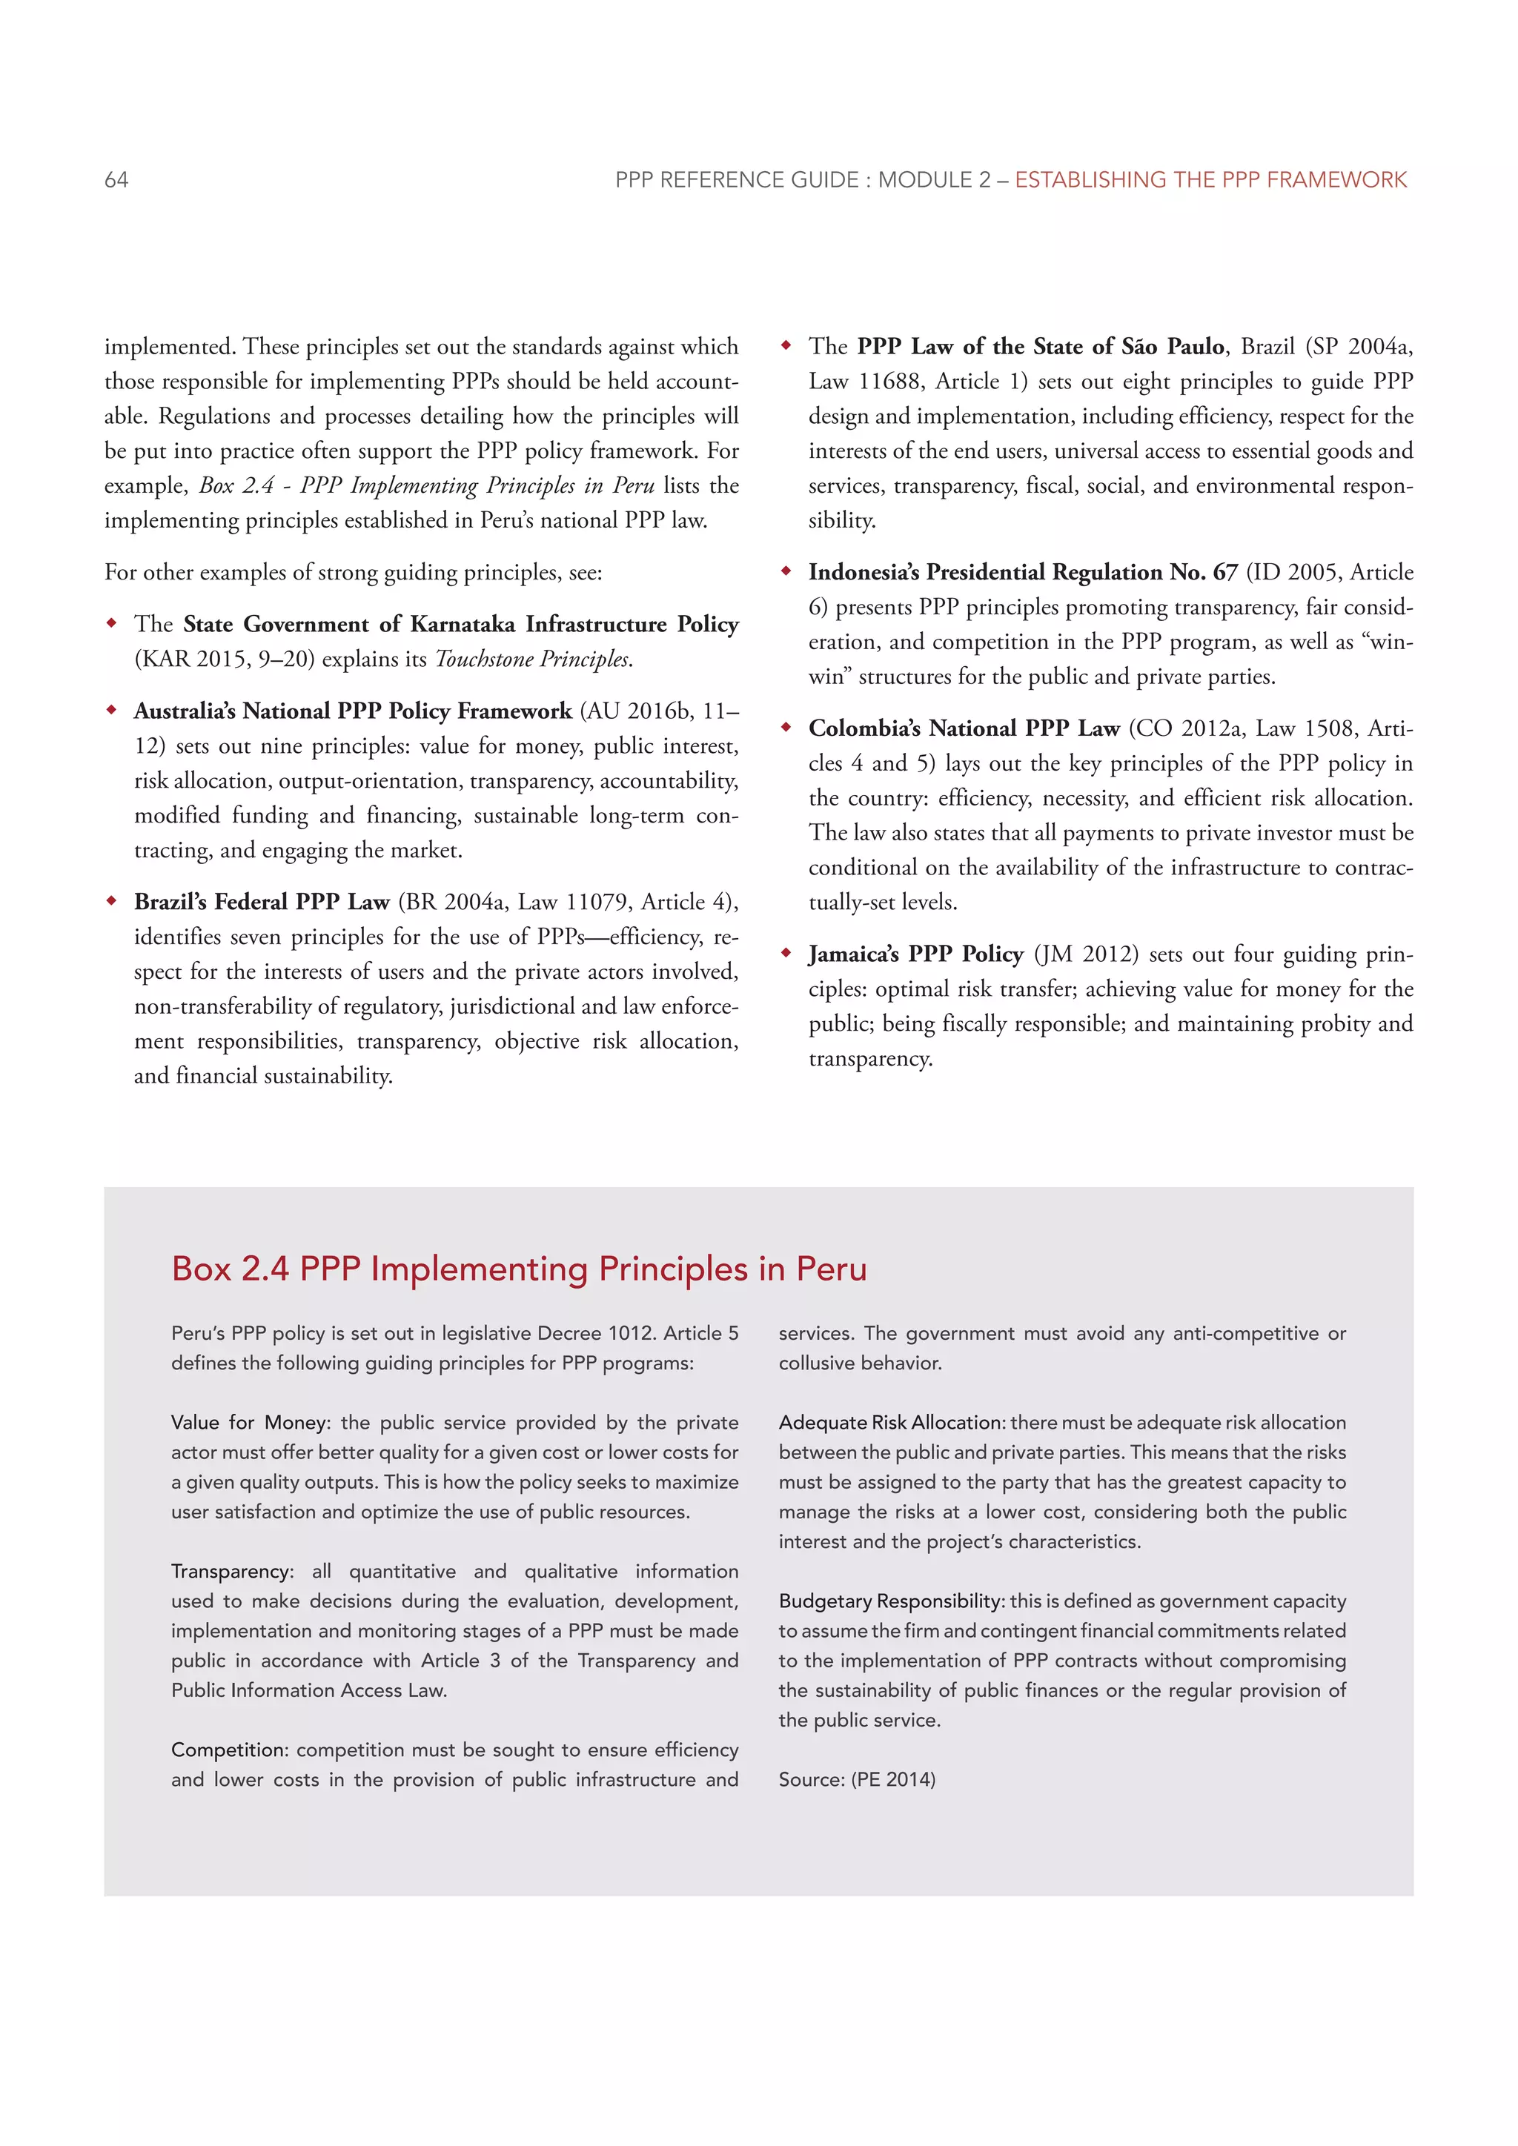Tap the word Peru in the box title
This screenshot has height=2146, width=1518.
pos(831,1269)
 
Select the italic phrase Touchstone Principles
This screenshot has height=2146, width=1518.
pos(532,659)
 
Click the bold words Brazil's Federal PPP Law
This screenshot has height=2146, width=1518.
pos(262,902)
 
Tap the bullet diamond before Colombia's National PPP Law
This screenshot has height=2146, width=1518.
pos(786,727)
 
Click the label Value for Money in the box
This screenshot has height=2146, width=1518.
pos(250,1423)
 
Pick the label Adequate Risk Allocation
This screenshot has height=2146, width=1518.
pos(891,1423)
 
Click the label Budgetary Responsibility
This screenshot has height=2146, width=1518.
pos(891,1601)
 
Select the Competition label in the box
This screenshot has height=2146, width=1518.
pos(230,1750)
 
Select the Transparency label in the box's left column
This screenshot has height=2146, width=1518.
pos(231,1571)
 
